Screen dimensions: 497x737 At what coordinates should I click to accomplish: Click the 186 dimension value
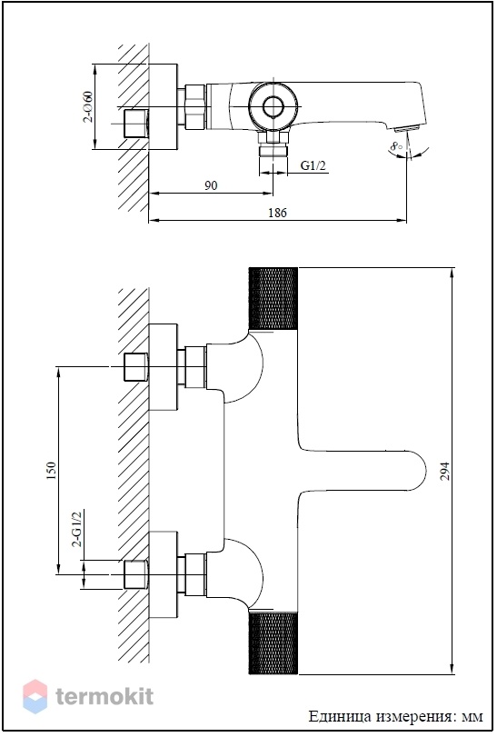[x=277, y=213]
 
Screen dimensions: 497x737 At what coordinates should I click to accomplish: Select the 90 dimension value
[x=211, y=185]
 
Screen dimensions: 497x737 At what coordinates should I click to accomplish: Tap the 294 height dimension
[x=444, y=471]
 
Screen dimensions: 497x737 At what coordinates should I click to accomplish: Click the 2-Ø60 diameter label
[x=88, y=106]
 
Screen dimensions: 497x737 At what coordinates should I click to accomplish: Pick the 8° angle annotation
[x=397, y=145]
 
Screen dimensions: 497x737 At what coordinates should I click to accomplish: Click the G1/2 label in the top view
[x=313, y=165]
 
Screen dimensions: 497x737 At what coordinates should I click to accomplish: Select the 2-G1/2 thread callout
[x=76, y=528]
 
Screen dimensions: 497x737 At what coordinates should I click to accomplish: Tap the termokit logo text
[x=104, y=696]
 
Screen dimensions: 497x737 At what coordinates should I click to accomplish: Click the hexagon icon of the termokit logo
[x=35, y=697]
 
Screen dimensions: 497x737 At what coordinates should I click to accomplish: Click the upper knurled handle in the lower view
[x=273, y=299]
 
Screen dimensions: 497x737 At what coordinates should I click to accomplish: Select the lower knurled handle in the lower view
[x=273, y=643]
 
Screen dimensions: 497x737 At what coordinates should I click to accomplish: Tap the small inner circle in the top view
[x=273, y=106]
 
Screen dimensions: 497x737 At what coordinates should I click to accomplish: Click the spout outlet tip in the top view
[x=407, y=127]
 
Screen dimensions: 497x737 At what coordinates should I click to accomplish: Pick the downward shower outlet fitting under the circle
[x=273, y=144]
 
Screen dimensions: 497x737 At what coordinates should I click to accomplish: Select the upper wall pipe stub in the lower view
[x=135, y=366]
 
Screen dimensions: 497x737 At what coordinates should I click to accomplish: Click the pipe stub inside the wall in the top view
[x=135, y=124]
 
